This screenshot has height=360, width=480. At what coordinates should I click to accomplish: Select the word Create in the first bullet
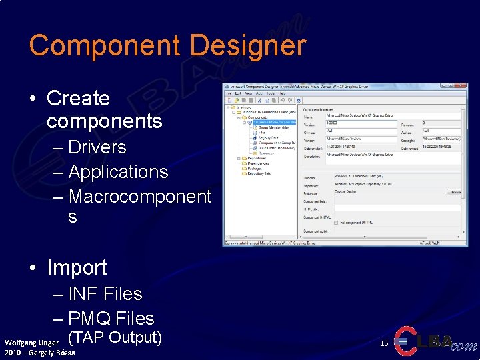(78, 98)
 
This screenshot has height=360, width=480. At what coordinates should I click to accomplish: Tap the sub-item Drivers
(97, 147)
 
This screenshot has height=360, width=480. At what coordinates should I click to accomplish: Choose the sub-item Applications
(118, 171)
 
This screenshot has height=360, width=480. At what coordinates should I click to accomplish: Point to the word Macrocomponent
(139, 197)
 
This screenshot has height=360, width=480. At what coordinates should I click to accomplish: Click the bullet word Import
(77, 267)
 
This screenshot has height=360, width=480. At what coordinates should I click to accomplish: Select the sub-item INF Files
(105, 293)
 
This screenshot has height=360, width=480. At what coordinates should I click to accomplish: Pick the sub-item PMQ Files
(111, 318)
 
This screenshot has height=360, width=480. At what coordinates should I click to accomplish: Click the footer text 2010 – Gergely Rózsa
(39, 353)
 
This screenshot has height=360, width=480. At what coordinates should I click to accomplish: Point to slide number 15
(383, 343)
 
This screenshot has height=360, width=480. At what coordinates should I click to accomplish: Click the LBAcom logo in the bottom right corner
(436, 341)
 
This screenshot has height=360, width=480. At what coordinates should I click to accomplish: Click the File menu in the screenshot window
(228, 93)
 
